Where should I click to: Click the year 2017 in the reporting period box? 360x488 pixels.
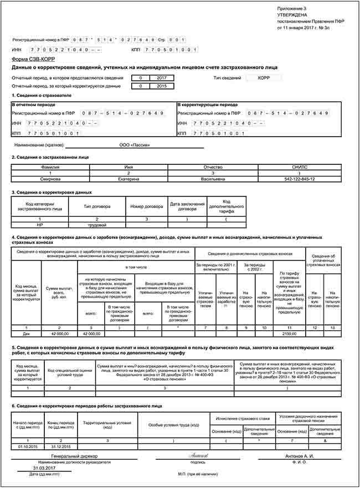(x=162, y=78)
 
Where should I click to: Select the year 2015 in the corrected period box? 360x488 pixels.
(x=162, y=86)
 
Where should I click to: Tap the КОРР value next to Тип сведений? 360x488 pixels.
(x=264, y=78)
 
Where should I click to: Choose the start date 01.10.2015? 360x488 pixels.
(x=27, y=445)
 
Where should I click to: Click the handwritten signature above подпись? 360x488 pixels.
(x=198, y=455)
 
